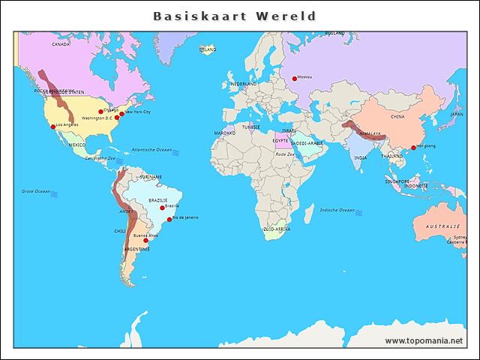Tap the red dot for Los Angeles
(x=52, y=127)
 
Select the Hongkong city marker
(x=412, y=148)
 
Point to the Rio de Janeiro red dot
(x=169, y=220)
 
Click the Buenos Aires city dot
(x=145, y=241)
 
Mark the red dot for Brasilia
(x=162, y=208)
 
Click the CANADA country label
(x=61, y=44)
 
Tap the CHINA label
(x=398, y=117)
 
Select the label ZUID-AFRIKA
(x=277, y=229)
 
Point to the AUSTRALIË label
(x=442, y=226)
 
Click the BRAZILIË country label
(x=158, y=200)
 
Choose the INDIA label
(x=361, y=157)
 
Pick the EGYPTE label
(x=280, y=140)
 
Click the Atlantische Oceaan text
(x=151, y=150)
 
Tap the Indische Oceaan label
(x=337, y=210)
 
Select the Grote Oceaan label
(x=36, y=191)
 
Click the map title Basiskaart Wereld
(x=235, y=16)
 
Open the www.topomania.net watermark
(x=424, y=341)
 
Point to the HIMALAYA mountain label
(x=370, y=133)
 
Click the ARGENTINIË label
(x=137, y=249)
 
